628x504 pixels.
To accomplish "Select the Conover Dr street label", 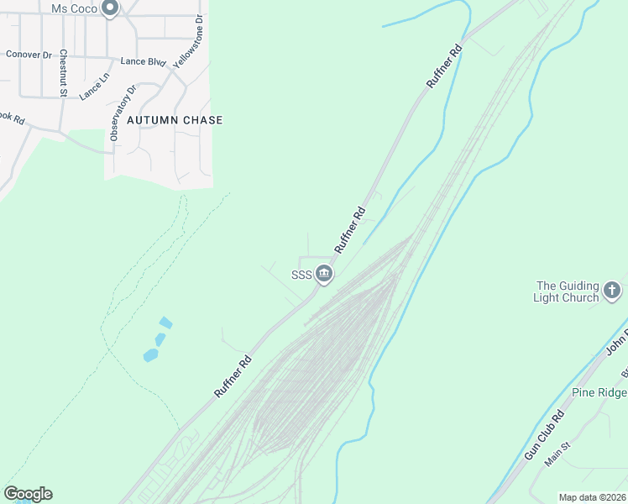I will [x=29, y=54].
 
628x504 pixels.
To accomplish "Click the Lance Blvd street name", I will [x=143, y=61].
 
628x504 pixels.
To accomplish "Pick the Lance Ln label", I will [x=94, y=87].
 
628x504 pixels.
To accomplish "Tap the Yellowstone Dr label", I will [x=188, y=41].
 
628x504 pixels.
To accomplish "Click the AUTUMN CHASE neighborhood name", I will [x=175, y=120].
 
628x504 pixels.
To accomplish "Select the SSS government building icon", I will [x=324, y=274].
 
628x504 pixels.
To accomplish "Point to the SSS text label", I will [x=301, y=275].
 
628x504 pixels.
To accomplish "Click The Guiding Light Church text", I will [x=568, y=291].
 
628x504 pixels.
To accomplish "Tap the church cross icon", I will [x=613, y=291].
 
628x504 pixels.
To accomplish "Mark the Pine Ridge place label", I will [x=599, y=392].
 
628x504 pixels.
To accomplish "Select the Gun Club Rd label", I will [x=545, y=435].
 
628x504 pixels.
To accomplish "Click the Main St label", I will [x=557, y=456].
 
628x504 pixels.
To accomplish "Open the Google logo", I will [x=28, y=494].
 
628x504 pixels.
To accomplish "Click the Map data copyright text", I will [x=592, y=497].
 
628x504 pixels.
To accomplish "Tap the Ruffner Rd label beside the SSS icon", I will [x=349, y=230].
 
